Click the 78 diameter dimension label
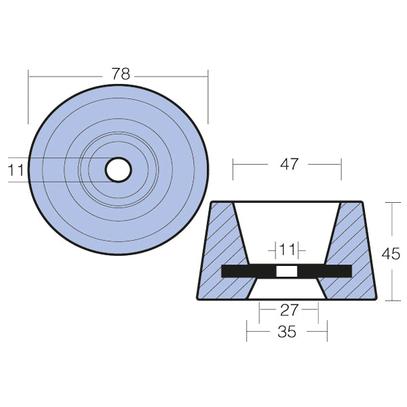pos(120,75)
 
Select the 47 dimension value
pos(289,165)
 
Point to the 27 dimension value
pos(289,311)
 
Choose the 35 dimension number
pos(288,332)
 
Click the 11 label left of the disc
pos(16,170)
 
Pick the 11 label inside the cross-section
pos(286,250)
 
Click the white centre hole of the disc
pos(119,170)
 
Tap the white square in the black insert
pos(286,271)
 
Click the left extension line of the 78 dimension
pos(28,95)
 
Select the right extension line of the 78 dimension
pos(208,95)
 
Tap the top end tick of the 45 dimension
pos(392,202)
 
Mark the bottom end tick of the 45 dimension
pos(392,300)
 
